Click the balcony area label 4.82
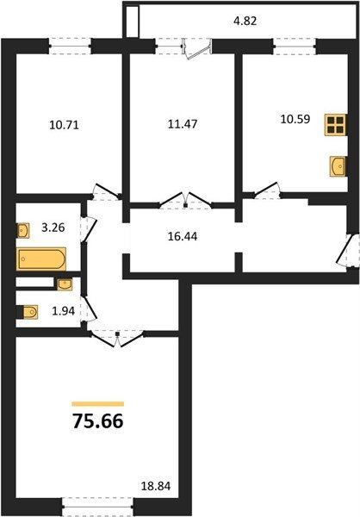coord(245,21)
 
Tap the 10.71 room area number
coord(65,125)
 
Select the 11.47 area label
coord(183,124)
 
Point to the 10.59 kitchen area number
coord(295,119)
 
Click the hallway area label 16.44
coord(183,236)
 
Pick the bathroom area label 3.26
coord(53,227)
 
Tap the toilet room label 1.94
coord(64,310)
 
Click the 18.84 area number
coord(156,486)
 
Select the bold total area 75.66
coord(98,421)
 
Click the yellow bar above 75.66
coord(98,404)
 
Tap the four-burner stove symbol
coord(336,125)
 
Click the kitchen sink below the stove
coord(338,166)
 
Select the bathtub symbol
coord(41,258)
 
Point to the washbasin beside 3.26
coord(23,230)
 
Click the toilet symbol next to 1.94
coord(29,312)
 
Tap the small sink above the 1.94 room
coord(65,284)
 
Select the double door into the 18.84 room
coord(117,338)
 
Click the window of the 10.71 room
coord(70,46)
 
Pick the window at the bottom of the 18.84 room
coord(97,506)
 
